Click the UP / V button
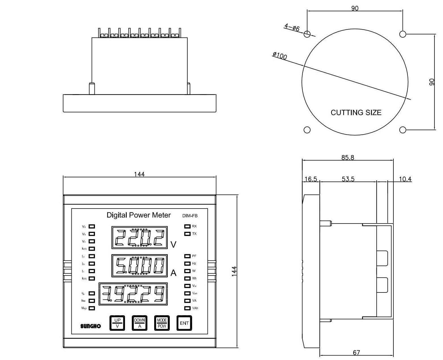(117, 323)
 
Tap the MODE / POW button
(162, 323)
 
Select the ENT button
(184, 323)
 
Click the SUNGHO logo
(90, 326)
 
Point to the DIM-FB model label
(190, 216)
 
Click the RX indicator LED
(187, 226)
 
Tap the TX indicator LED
(187, 234)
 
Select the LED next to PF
(187, 256)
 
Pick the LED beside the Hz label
(187, 264)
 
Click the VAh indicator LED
(187, 308)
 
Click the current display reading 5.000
(139, 266)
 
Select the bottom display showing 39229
(133, 294)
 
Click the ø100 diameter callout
(280, 56)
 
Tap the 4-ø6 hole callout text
(292, 28)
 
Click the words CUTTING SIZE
(356, 113)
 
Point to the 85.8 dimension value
(347, 157)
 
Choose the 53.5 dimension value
(348, 179)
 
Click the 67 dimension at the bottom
(356, 353)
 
